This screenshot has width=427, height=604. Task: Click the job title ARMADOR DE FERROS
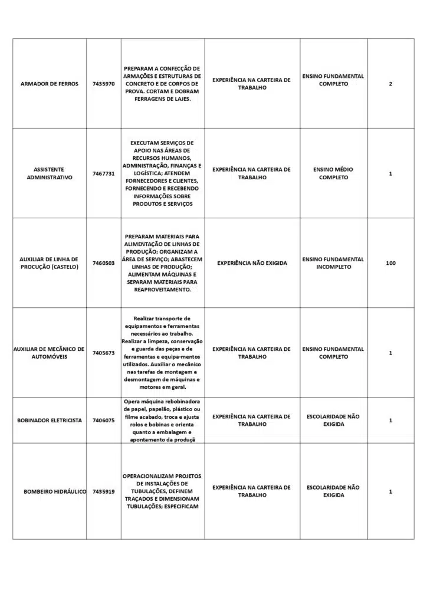[x=50, y=84]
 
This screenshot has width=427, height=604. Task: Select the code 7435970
[x=104, y=84]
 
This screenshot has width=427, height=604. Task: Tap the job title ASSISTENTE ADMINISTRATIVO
[x=50, y=173]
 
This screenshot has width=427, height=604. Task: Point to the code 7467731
[x=104, y=173]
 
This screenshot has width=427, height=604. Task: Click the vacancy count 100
[x=390, y=263]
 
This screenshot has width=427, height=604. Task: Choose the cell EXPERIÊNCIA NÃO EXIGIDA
[x=252, y=263]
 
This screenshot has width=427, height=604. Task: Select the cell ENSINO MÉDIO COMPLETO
[x=333, y=173]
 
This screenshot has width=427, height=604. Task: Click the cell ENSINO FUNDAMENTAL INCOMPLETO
[x=333, y=263]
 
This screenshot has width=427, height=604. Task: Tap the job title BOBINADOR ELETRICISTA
[x=50, y=421]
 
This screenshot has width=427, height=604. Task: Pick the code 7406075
[x=104, y=421]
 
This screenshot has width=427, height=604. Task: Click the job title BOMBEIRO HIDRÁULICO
[x=55, y=491]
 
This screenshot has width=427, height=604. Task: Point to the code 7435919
[x=104, y=491]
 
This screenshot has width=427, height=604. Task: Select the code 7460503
[x=104, y=263]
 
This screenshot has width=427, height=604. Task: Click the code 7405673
[x=104, y=353]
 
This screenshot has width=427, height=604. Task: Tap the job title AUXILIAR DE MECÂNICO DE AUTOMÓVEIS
[x=50, y=353]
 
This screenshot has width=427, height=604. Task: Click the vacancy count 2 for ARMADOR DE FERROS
[x=390, y=84]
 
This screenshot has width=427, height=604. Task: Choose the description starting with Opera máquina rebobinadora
[x=162, y=420]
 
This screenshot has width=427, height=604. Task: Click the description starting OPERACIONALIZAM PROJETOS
[x=162, y=491]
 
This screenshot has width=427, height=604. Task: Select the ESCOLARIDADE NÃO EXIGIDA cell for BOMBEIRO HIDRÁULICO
[x=333, y=491]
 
